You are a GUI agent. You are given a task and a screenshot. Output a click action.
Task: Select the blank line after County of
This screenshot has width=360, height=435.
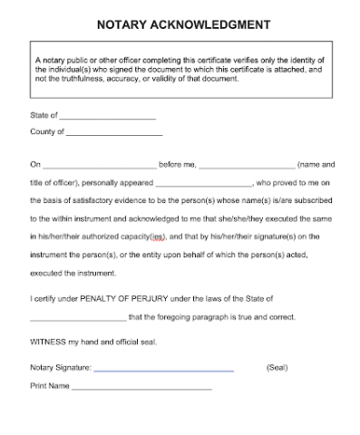(x=114, y=133)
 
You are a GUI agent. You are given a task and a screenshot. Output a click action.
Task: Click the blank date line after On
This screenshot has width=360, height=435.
(x=100, y=167)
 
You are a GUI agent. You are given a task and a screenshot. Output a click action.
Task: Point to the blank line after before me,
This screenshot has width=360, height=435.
(x=247, y=167)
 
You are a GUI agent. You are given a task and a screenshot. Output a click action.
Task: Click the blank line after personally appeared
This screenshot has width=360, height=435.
(x=202, y=184)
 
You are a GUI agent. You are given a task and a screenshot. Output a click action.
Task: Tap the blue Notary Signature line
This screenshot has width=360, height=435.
(x=163, y=370)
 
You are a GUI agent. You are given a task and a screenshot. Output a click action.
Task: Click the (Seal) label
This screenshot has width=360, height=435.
(x=277, y=368)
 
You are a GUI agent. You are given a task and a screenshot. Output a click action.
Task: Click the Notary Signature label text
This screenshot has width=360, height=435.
(x=60, y=368)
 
